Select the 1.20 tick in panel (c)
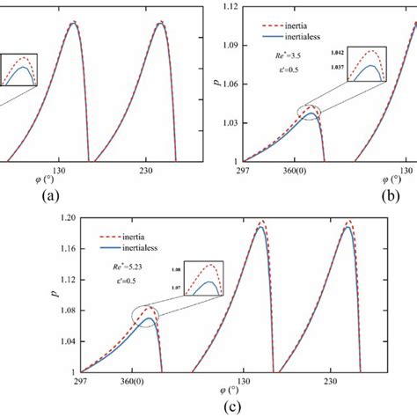67,218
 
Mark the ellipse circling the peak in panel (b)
309,112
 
